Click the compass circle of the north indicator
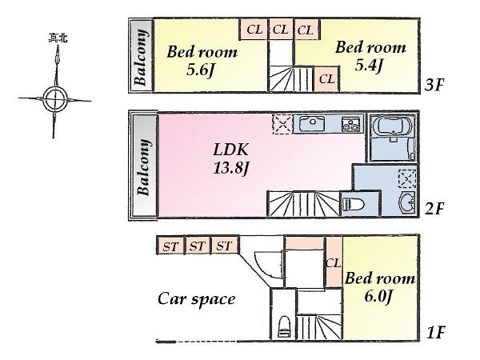pos(54,100)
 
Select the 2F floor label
pos(435,210)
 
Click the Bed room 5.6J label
pos(202,61)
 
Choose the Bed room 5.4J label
pos(370,56)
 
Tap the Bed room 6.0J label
pos(380,286)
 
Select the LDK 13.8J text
pos(231,158)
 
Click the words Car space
pos(196,299)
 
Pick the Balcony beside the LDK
pos(144,167)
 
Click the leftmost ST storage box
pos(170,246)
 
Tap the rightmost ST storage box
pos(223,246)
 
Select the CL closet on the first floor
pos(334,263)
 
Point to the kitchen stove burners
pos(350,124)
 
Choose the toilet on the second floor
pos(354,203)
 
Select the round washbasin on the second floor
pos(406,203)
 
